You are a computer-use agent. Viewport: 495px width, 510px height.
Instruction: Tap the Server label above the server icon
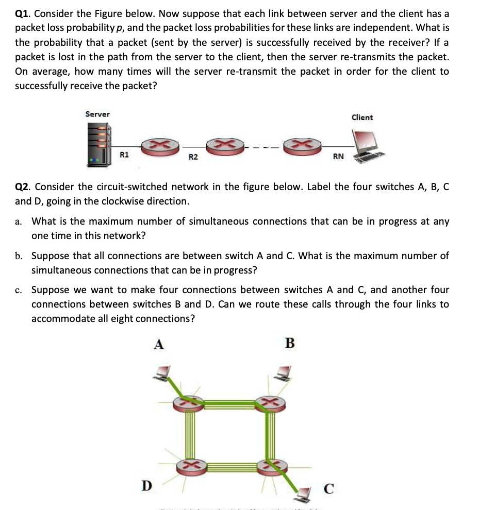(x=97, y=114)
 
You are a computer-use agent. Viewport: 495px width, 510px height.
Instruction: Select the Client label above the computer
(x=362, y=117)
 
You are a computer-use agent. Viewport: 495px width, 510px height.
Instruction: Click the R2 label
(x=193, y=157)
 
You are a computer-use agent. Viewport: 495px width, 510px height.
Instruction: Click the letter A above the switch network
(x=159, y=344)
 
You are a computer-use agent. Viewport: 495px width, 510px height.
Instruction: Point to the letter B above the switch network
(x=290, y=343)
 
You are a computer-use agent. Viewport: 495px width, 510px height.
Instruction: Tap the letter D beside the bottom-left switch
(x=147, y=485)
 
